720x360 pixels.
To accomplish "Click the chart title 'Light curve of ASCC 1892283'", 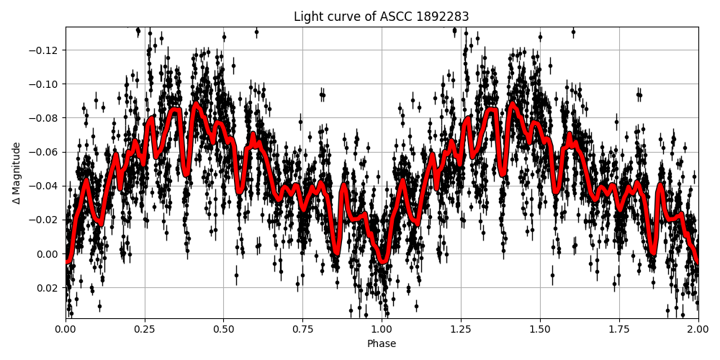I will click(382, 17).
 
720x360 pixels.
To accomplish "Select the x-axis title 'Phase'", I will click(382, 344).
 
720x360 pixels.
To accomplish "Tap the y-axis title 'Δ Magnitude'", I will click(17, 173).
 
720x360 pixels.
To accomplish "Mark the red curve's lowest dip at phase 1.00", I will click(383, 261).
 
